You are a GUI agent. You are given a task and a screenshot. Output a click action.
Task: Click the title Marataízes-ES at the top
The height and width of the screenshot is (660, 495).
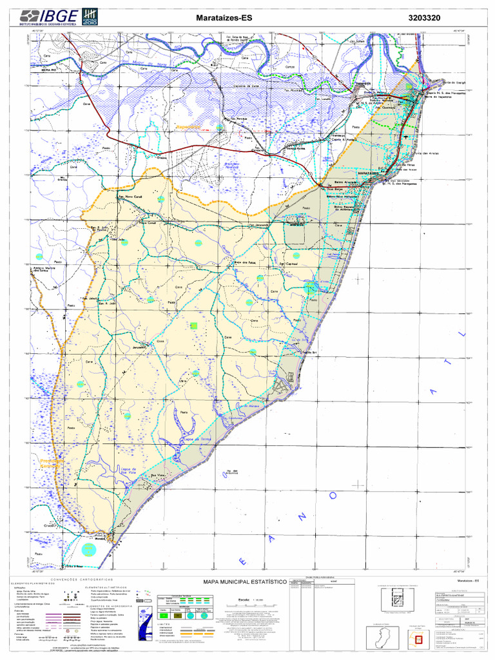point(224,19)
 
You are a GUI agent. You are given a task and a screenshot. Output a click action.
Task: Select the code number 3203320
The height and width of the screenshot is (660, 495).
point(424,19)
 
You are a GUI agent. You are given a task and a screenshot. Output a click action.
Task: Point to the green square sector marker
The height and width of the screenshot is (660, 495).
point(193,327)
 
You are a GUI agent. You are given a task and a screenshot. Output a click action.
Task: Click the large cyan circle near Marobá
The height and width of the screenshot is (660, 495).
point(92,549)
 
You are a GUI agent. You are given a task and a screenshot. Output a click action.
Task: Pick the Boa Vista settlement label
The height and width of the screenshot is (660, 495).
point(159,476)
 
